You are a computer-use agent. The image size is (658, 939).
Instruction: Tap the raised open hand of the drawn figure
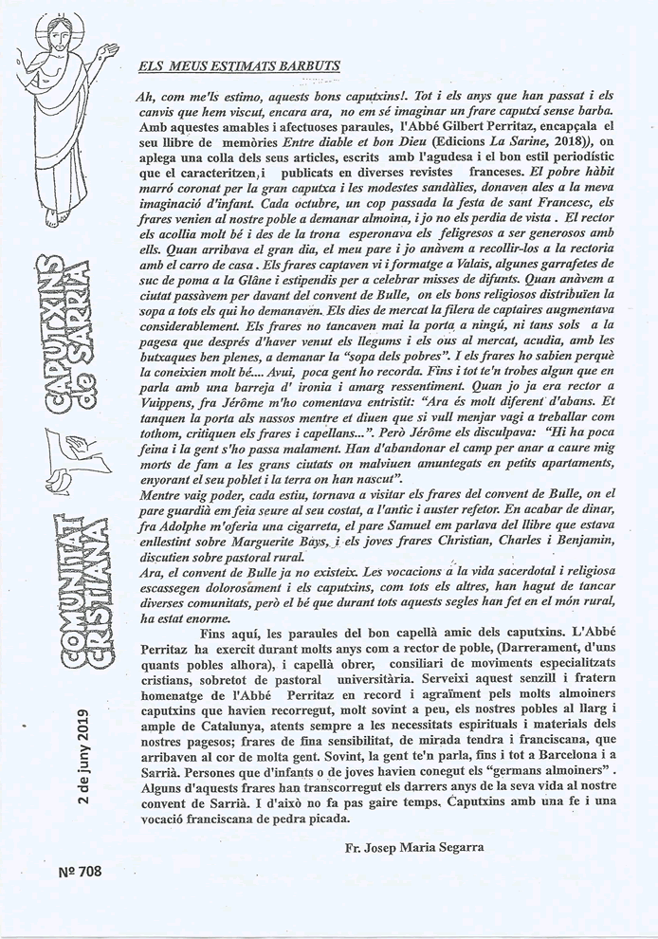click(109, 47)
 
